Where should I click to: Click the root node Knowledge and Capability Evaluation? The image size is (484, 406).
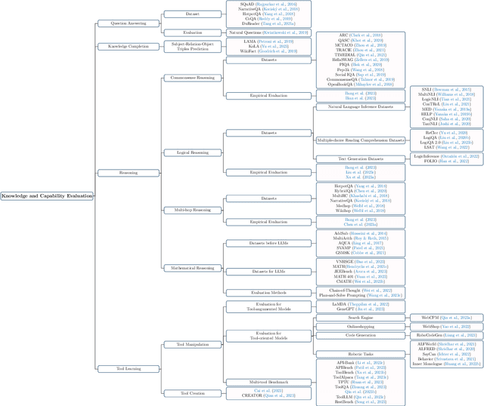(47, 196)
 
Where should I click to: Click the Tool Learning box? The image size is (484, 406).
(119, 368)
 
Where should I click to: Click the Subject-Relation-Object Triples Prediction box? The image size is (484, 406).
(193, 47)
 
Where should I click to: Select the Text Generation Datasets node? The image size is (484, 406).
(359, 158)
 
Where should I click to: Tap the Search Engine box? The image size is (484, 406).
(359, 318)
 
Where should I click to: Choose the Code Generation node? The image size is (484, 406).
(359, 335)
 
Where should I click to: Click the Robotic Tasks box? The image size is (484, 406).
(359, 354)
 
